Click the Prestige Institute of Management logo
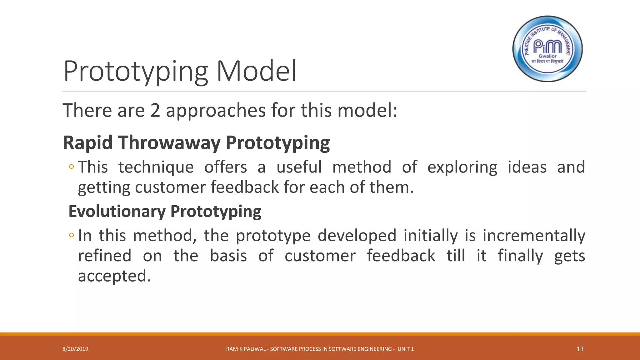547,49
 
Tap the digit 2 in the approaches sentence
155,110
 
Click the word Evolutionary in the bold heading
117,211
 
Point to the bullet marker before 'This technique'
72,167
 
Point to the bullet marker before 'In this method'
72,235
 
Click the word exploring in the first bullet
462,167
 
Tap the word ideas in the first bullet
527,167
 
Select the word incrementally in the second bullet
534,235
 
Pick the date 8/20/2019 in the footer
75,349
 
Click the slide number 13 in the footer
580,349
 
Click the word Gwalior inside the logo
547,56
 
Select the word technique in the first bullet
156,167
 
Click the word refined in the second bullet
105,256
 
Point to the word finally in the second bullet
520,256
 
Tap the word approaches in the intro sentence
216,110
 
